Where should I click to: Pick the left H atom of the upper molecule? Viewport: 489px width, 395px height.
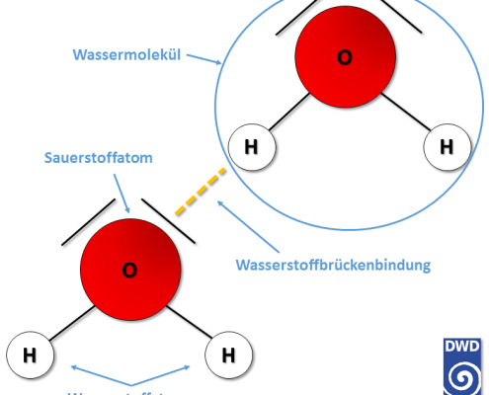251,148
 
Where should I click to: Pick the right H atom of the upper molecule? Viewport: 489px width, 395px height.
445,148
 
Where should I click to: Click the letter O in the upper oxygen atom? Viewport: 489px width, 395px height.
344,58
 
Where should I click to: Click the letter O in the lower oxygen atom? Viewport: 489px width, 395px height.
128,269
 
